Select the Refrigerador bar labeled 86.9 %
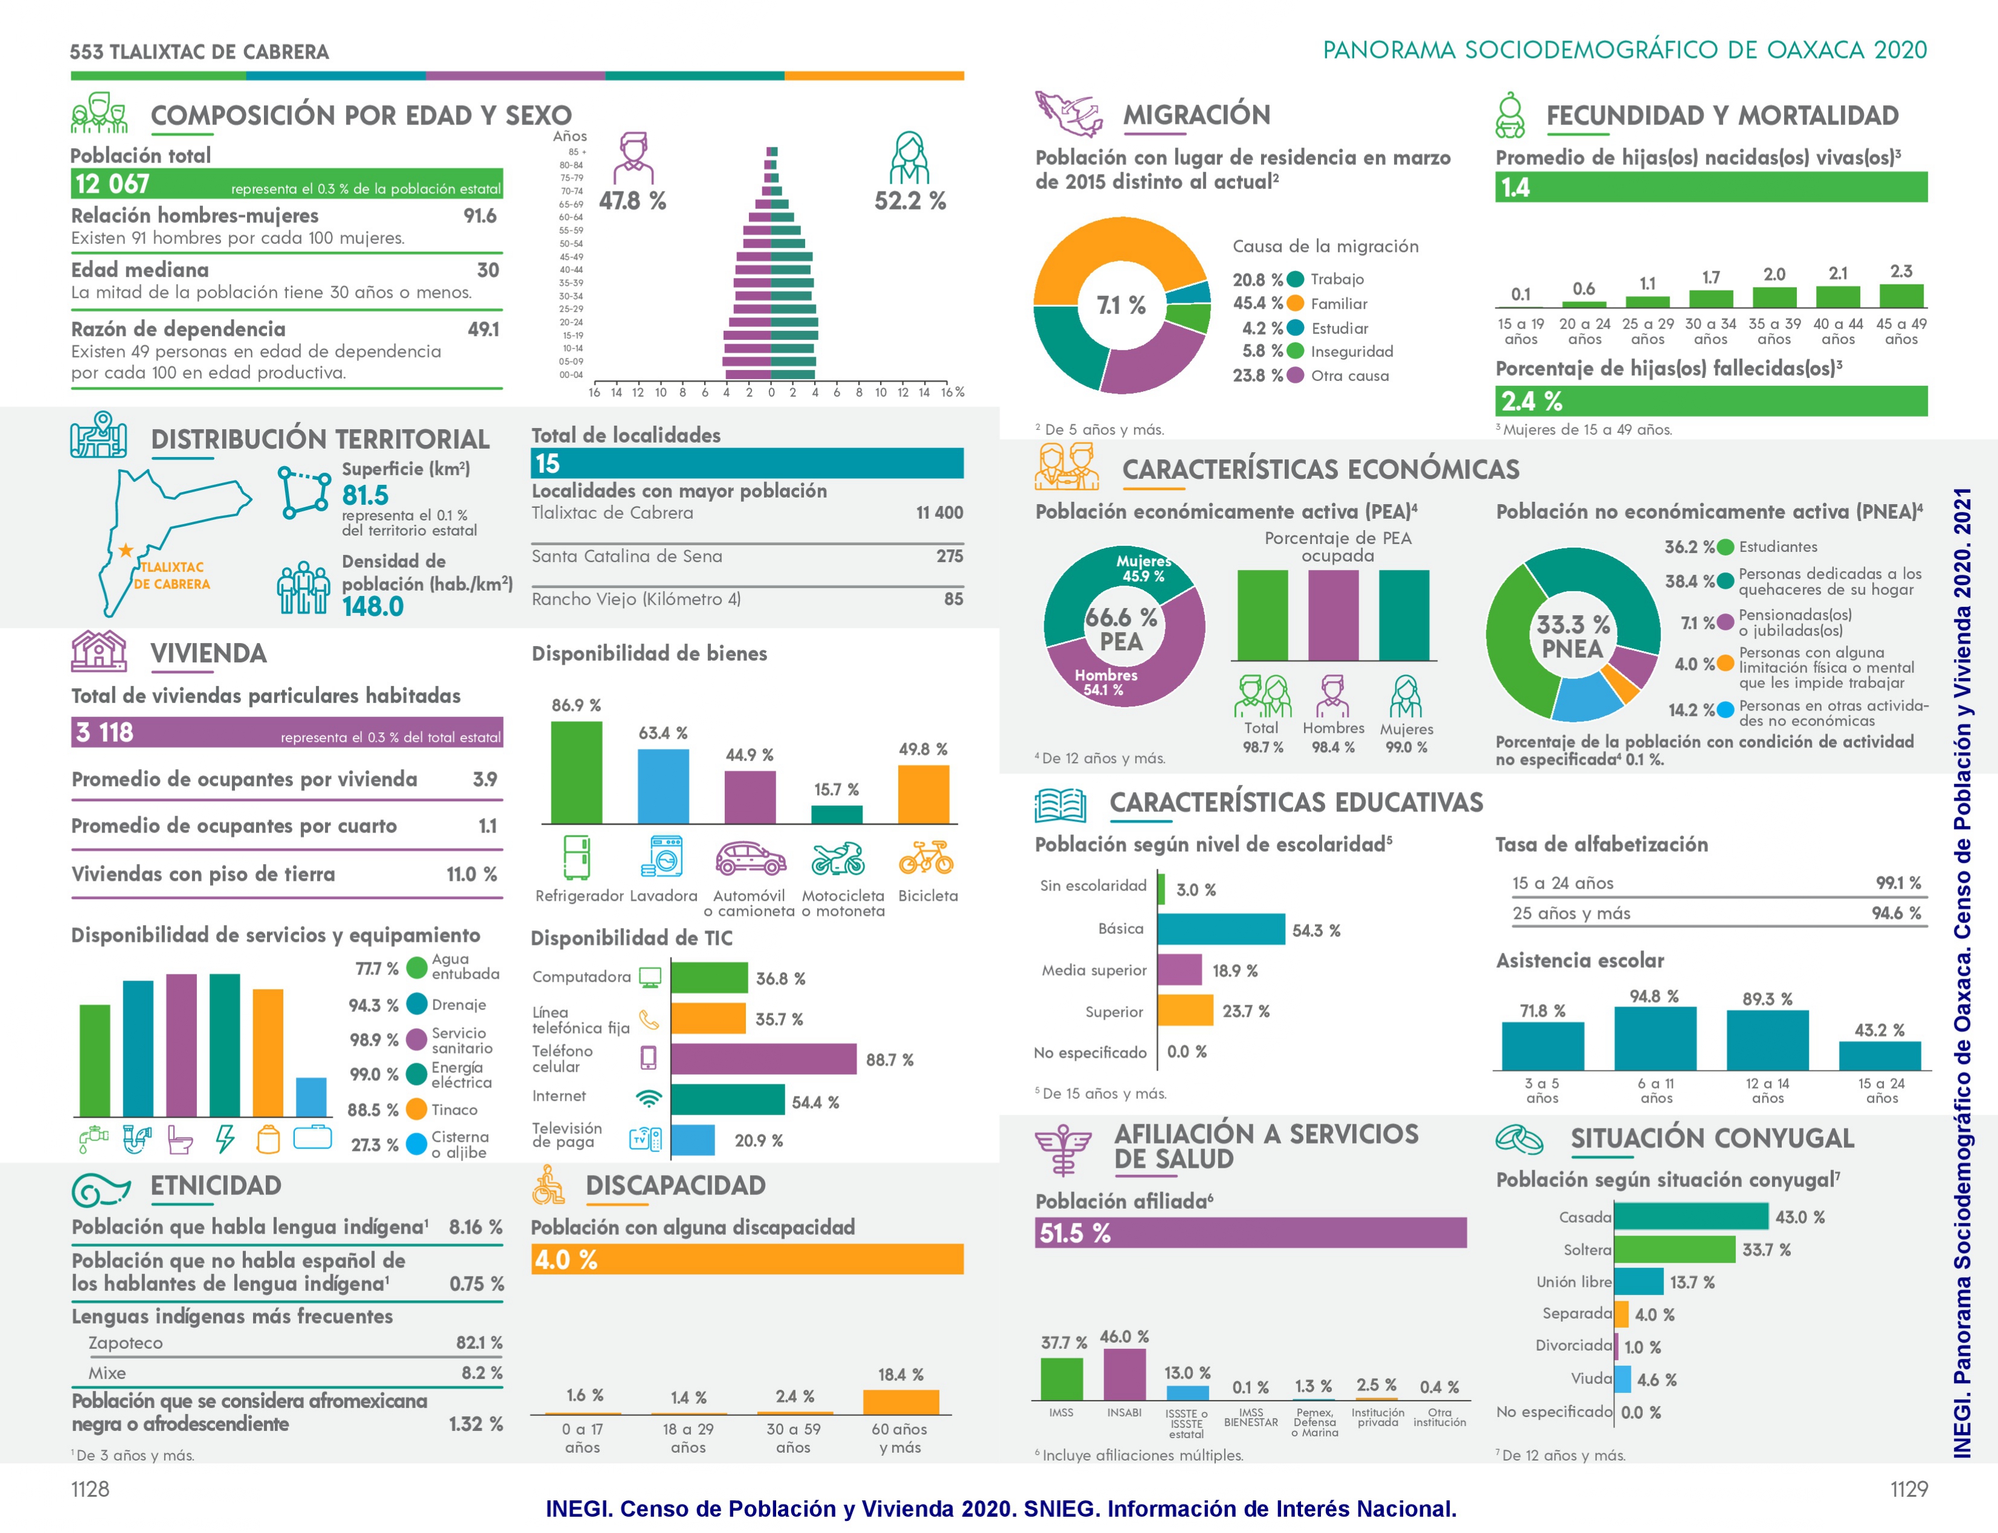[576, 772]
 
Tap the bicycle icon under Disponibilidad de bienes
[925, 858]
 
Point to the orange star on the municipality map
[125, 550]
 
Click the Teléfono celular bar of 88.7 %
[763, 1058]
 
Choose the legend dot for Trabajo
[1294, 279]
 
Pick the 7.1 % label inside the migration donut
[1121, 305]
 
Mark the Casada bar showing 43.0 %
[1691, 1217]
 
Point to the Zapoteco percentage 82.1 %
[478, 1342]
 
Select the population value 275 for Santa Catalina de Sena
[949, 555]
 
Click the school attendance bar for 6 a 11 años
[1655, 1039]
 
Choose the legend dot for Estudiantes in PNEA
[1725, 548]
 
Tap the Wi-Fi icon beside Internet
[649, 1098]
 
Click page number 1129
[1909, 1489]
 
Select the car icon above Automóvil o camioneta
[750, 858]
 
